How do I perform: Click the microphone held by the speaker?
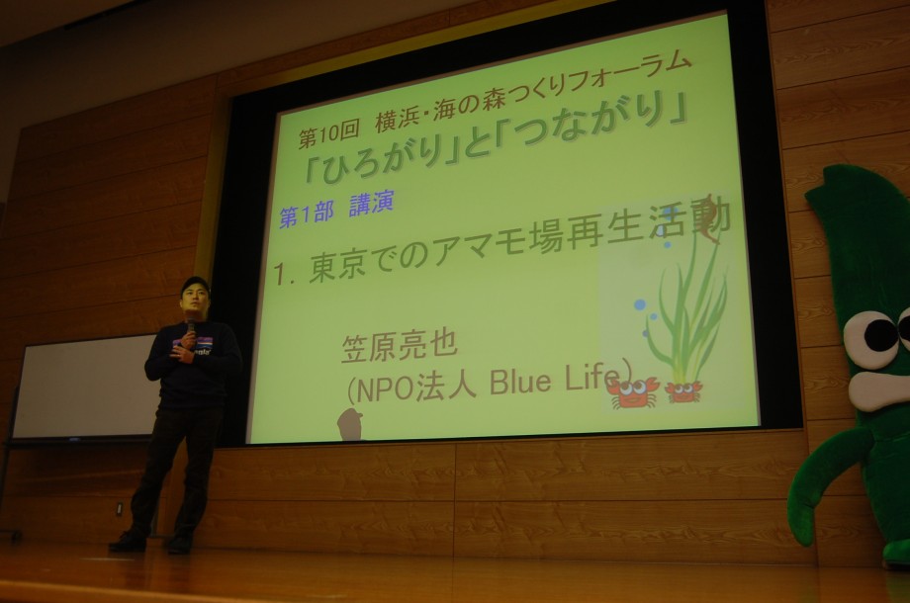pos(190,327)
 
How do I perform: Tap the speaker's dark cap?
pos(195,284)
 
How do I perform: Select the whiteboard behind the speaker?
pos(85,387)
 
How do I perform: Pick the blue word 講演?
pos(372,203)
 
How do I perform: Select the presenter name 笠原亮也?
pos(400,346)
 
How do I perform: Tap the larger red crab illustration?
pos(633,392)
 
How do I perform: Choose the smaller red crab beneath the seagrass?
pos(683,391)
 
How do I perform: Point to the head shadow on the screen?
pos(349,424)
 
